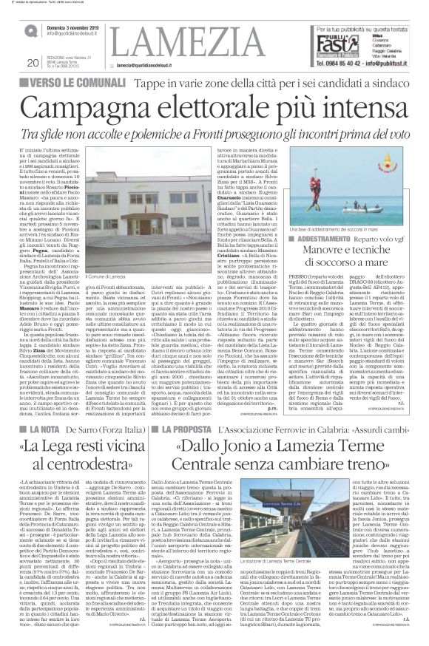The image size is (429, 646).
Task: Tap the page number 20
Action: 33,63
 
